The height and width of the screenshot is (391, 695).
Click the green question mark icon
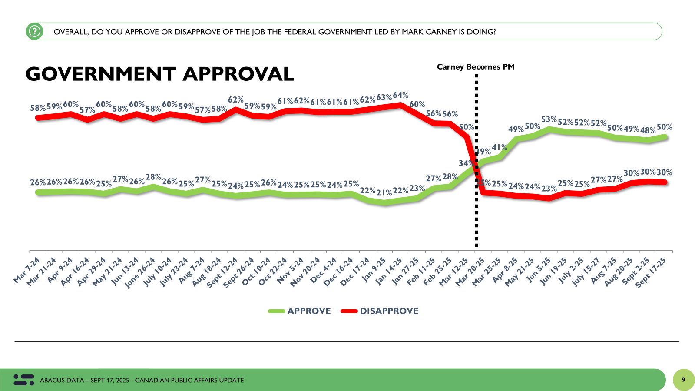tap(34, 31)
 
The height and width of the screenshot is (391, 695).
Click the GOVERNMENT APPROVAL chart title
tap(160, 74)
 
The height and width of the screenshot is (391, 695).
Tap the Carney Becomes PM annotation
tap(476, 67)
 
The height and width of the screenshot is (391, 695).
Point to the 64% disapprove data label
tap(400, 95)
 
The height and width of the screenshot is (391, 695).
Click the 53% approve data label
tap(549, 119)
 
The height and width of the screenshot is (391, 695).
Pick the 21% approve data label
tap(384, 192)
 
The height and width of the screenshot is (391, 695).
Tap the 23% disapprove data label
tap(549, 189)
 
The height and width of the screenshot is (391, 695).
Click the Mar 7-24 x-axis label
tap(27, 270)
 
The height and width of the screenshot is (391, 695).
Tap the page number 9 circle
tap(683, 380)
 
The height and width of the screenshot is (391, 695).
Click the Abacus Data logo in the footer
tap(24, 380)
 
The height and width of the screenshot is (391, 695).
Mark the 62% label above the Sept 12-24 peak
tap(235, 100)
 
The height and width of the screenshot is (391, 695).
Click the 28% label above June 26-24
tap(153, 177)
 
